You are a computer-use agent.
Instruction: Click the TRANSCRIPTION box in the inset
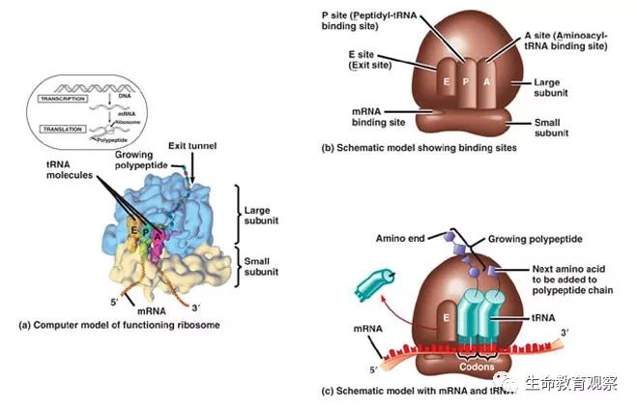click(64, 100)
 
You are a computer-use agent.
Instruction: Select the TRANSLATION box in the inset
click(62, 128)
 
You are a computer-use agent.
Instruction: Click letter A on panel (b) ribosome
click(485, 82)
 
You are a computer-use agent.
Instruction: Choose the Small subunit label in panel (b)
click(554, 130)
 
